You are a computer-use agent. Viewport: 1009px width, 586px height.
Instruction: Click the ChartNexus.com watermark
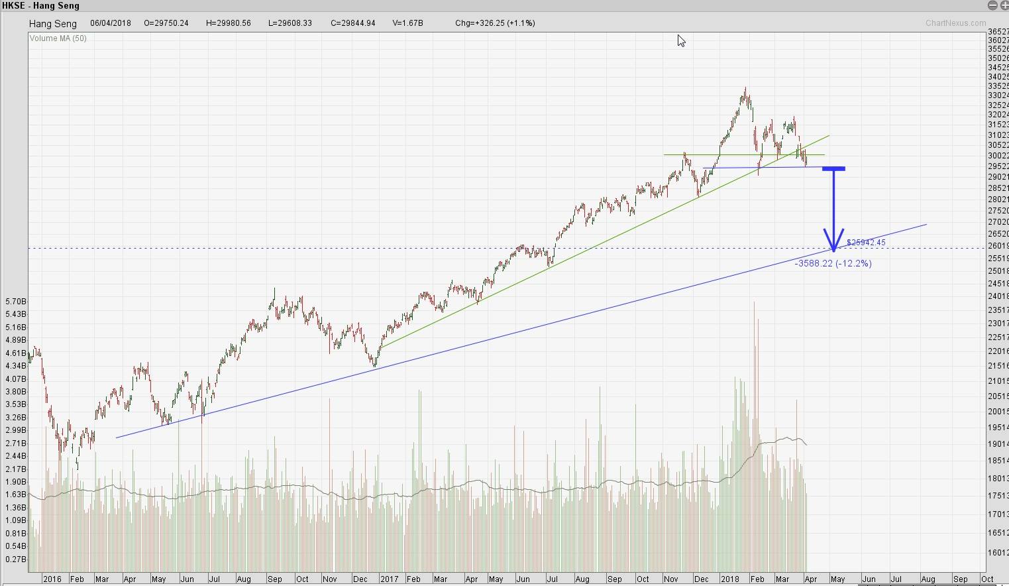(955, 23)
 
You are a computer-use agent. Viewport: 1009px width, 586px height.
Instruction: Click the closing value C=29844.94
(352, 23)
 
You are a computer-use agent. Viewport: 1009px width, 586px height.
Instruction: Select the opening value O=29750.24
(166, 23)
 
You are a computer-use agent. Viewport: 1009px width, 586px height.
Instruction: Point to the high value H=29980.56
(228, 23)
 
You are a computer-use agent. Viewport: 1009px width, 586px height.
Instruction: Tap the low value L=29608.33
(290, 23)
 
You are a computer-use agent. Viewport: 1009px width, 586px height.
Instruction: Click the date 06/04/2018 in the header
(111, 23)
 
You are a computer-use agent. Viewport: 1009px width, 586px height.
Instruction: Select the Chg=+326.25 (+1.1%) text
(495, 23)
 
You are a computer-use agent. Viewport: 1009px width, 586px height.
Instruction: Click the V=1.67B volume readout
(407, 23)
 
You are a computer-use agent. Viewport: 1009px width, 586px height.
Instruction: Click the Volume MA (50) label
(58, 38)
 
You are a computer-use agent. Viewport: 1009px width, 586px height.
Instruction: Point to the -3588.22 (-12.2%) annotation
(833, 263)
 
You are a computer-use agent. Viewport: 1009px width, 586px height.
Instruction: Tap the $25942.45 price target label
(866, 243)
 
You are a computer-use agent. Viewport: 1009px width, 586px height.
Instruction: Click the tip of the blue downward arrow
(833, 251)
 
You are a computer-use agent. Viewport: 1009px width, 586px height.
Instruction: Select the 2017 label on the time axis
(389, 579)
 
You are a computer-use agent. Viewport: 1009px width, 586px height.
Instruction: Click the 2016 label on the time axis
(52, 579)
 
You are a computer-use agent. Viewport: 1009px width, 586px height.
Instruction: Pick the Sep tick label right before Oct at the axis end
(959, 579)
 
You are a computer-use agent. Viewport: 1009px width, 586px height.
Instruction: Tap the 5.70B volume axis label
(15, 302)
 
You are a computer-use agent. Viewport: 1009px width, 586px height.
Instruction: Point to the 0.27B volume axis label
(15, 559)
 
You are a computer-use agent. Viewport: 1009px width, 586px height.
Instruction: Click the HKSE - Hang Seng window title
(41, 5)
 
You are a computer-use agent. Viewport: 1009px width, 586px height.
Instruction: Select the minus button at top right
(992, 5)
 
